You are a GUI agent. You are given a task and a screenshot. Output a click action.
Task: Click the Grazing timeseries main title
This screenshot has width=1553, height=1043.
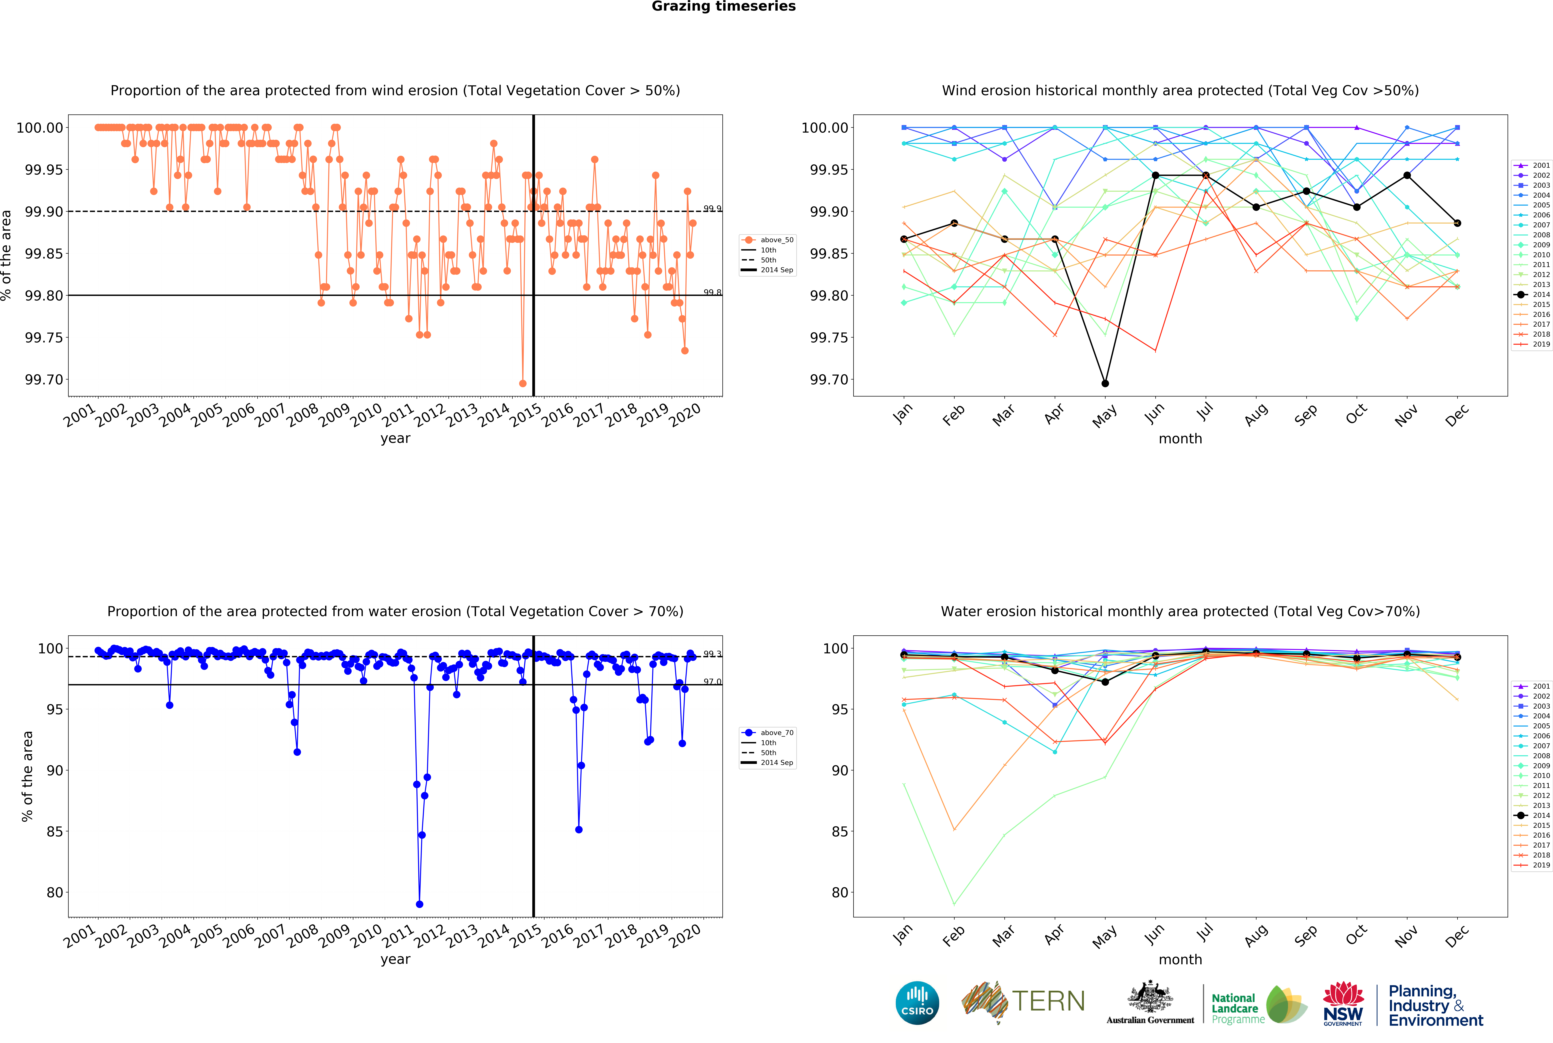723,7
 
